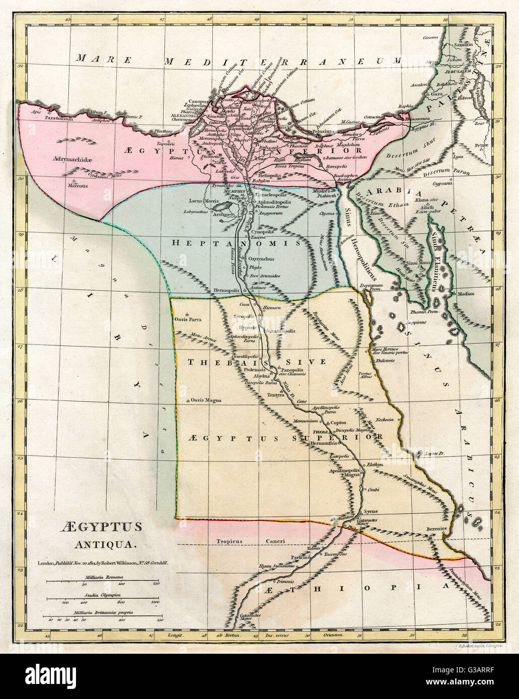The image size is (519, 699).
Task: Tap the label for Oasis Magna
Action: pos(203,400)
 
